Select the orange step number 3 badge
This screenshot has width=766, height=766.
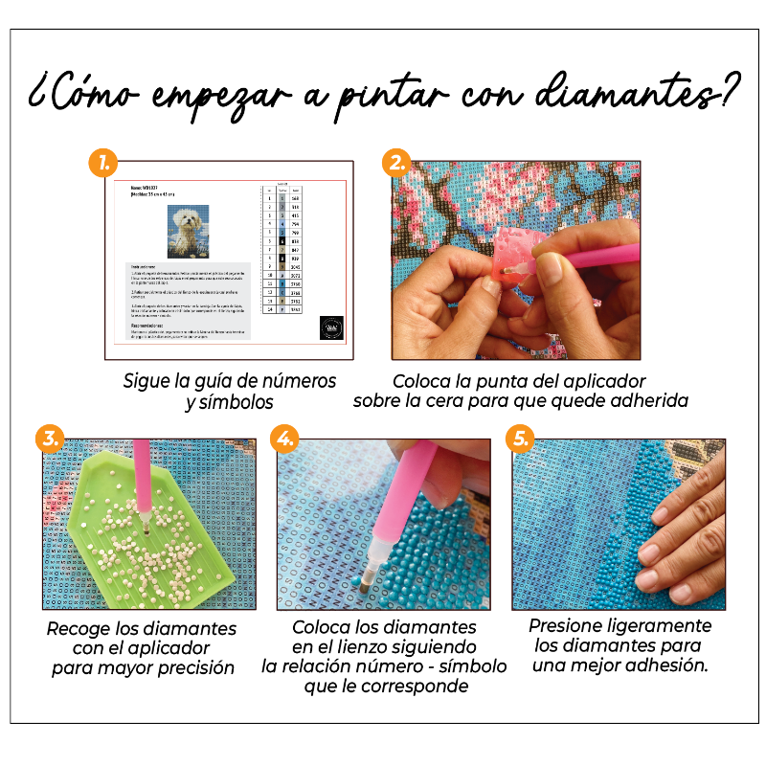click(x=49, y=439)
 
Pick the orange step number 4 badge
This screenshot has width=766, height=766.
click(x=283, y=439)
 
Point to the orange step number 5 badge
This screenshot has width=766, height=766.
click(x=519, y=439)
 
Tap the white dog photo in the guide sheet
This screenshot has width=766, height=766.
click(x=188, y=231)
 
